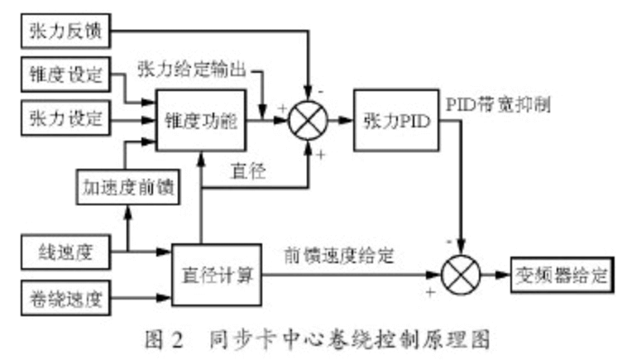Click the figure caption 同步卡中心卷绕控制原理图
pyautogui.click(x=351, y=338)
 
